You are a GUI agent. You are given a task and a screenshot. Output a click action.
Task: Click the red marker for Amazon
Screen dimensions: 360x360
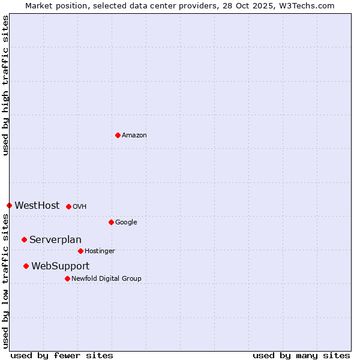[x=118, y=135]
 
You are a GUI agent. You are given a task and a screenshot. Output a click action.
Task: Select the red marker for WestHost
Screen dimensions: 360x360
[x=9, y=205]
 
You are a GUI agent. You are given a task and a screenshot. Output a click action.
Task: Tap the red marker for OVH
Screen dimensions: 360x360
[x=68, y=206]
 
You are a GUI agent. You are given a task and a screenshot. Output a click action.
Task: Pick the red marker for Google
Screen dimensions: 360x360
[x=111, y=222]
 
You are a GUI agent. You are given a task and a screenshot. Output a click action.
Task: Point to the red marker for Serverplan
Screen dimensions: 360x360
[x=24, y=239]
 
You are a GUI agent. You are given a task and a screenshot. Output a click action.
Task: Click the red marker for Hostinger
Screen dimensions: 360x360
[x=80, y=251]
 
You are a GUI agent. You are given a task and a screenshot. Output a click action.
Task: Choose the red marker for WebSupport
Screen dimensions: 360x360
[x=26, y=266]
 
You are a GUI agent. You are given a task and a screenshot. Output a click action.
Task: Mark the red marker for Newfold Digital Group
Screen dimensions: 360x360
[x=67, y=278]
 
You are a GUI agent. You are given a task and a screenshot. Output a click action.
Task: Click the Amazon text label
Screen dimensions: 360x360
[x=134, y=136]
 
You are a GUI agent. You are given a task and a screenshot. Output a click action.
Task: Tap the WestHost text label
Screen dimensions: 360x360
[x=37, y=206]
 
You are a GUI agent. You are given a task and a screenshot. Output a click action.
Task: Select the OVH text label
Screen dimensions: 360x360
[x=80, y=207]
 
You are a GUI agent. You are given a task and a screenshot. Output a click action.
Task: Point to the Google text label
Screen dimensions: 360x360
[x=126, y=223]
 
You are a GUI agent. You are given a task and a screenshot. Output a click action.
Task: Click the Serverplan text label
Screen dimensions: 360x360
[x=55, y=240]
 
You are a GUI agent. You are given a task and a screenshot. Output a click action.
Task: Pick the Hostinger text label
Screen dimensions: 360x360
[x=100, y=251]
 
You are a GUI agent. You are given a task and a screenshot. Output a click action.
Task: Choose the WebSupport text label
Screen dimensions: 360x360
[x=61, y=266]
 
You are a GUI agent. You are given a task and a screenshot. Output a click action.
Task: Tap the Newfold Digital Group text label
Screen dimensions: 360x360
[x=106, y=279]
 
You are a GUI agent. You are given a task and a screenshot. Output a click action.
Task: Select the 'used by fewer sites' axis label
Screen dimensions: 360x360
[x=62, y=355]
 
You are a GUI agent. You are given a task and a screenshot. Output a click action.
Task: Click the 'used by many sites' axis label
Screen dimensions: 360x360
[x=301, y=355]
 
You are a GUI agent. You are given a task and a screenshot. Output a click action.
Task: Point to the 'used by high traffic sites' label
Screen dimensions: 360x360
[x=6, y=85]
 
